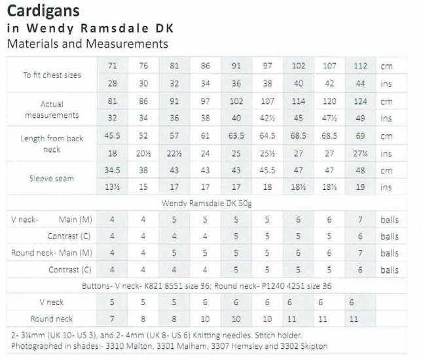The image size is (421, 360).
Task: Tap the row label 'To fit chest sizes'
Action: pos(52,75)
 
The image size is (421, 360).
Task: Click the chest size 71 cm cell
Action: pos(112,66)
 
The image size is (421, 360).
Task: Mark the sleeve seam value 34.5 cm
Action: pos(112,170)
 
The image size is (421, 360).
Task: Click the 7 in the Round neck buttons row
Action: pos(112,319)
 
